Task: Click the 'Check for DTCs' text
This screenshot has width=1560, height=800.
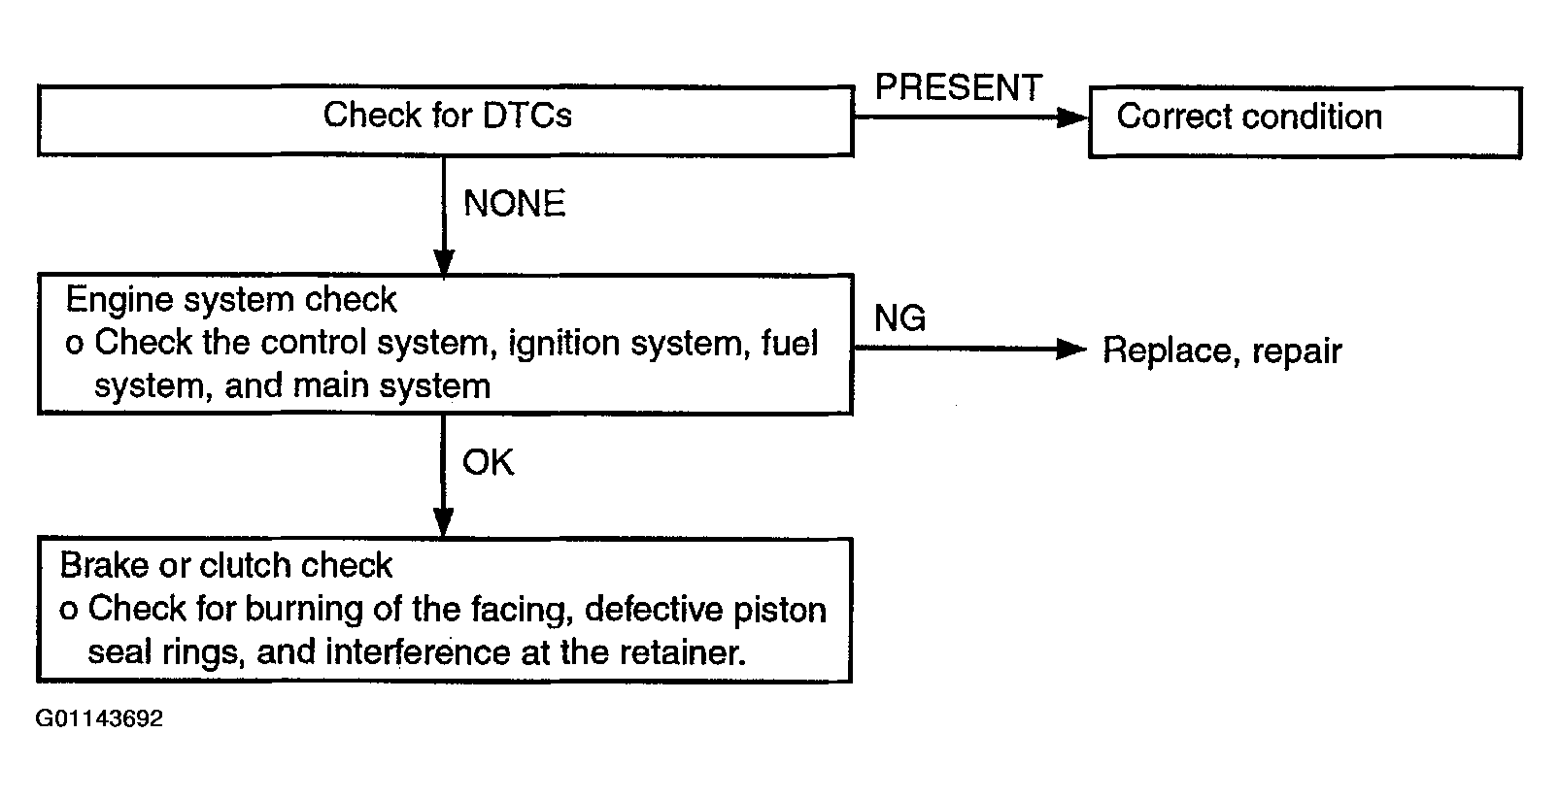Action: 447,115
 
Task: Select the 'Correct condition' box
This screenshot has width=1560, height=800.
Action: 1306,122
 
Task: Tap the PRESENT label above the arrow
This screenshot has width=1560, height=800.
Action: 959,87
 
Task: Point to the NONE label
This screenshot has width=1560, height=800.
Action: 514,203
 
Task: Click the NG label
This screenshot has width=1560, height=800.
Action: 899,318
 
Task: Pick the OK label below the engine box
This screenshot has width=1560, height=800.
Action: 489,462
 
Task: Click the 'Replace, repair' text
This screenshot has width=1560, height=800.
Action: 1222,350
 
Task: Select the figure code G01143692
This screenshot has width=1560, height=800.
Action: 99,718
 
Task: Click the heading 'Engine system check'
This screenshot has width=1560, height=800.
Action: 231,300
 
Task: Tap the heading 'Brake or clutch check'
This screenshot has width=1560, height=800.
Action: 225,565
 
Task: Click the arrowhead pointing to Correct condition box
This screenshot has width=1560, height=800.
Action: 1072,117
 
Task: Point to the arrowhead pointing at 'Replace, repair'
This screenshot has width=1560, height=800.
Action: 1071,349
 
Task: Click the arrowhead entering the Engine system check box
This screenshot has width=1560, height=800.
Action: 444,263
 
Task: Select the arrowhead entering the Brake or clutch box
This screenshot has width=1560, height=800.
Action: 444,523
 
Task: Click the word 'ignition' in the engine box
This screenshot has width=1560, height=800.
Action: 564,344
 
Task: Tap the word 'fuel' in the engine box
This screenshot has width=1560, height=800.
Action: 789,343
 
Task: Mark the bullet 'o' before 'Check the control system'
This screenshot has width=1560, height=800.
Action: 75,344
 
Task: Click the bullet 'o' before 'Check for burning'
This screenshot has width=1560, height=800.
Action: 68,611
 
